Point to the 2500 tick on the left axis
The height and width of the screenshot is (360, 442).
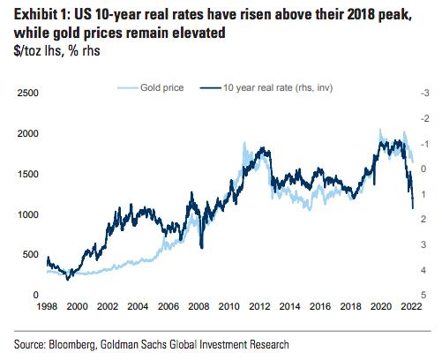[x=28, y=93]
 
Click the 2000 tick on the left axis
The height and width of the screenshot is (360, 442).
[x=28, y=133]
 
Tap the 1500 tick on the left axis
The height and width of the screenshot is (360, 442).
[x=28, y=174]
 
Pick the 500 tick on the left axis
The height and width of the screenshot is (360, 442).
[x=32, y=255]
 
